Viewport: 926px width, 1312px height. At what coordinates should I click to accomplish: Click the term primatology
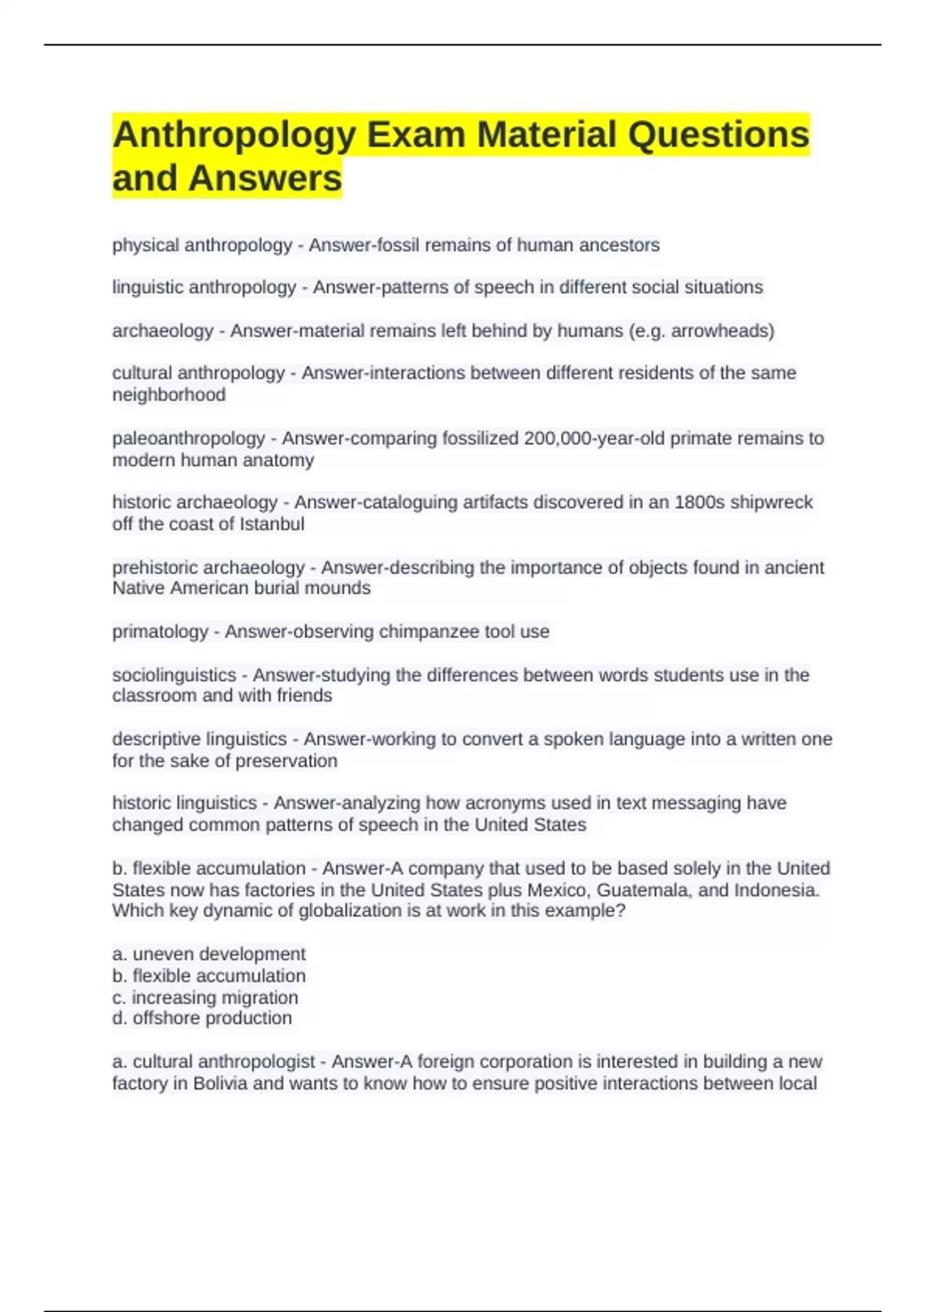tap(160, 631)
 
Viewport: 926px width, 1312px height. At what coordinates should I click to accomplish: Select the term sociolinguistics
tap(174, 675)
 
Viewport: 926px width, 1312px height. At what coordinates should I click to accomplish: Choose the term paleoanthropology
tap(188, 438)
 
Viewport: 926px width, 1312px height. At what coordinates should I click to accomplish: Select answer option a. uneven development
tap(209, 954)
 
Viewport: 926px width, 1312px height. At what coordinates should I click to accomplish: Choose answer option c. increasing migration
tap(205, 997)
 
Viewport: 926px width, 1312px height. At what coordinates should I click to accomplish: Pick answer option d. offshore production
tap(202, 1018)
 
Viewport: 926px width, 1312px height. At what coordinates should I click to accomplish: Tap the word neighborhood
tap(169, 395)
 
